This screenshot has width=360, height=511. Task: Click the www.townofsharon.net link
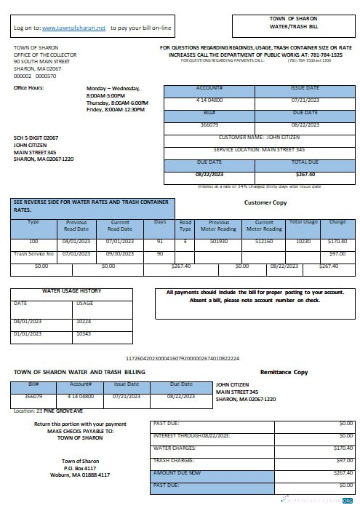pos(74,27)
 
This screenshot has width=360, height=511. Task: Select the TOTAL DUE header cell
pos(305,162)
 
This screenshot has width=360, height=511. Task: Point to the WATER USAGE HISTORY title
pos(71,291)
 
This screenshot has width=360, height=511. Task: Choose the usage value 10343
pos(84,333)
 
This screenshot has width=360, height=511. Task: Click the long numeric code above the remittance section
pos(183,359)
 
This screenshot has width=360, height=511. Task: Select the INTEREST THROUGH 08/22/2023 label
pos(191,435)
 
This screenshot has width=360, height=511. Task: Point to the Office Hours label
pos(29,88)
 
